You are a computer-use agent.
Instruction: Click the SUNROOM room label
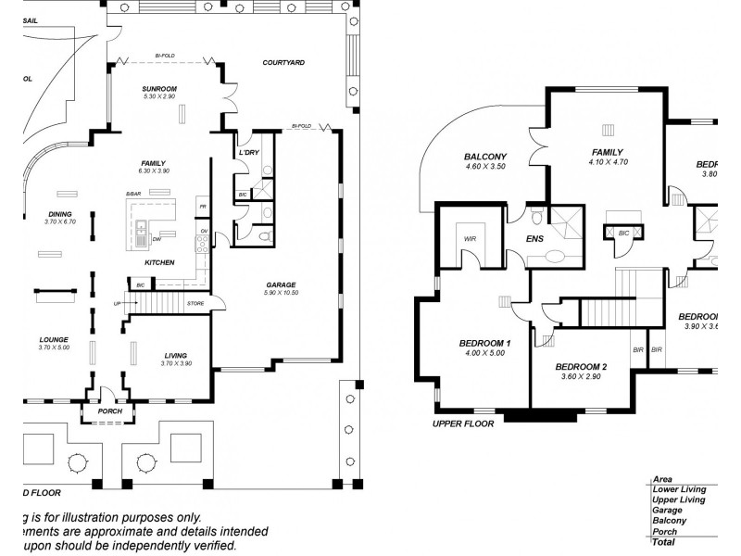(159, 88)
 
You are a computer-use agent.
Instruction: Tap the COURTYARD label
(283, 63)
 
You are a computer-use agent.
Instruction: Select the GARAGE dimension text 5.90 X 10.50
(282, 293)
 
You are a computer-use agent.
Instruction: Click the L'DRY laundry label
(248, 152)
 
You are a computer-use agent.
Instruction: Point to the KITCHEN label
(159, 263)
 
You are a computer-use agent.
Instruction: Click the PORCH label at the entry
(109, 411)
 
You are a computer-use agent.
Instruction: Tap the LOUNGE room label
(55, 339)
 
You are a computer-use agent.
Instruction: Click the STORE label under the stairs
(195, 303)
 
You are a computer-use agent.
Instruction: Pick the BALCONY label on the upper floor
(485, 157)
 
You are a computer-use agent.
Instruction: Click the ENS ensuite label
(535, 238)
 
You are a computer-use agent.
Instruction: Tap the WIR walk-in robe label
(469, 238)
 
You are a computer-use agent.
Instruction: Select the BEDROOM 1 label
(485, 344)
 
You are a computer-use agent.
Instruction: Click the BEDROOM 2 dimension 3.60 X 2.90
(581, 377)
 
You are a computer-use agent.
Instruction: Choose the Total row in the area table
(664, 541)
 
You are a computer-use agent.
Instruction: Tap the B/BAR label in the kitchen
(133, 194)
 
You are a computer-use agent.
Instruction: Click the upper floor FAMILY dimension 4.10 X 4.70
(608, 162)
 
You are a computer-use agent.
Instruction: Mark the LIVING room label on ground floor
(175, 355)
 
